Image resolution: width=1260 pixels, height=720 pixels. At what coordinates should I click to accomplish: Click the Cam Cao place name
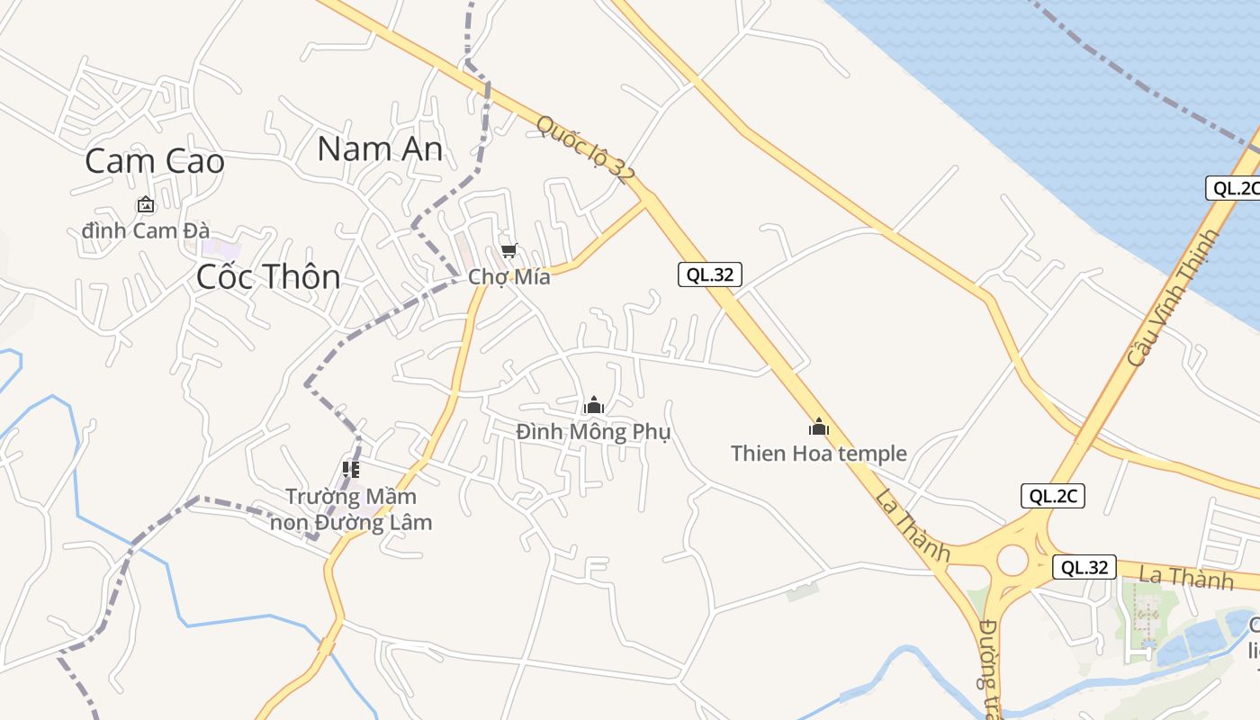click(154, 161)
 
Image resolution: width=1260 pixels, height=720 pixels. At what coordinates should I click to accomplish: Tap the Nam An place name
click(380, 148)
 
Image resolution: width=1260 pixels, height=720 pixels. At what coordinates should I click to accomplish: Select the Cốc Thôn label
click(268, 276)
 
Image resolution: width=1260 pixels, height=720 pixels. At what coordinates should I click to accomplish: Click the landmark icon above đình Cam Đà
click(146, 205)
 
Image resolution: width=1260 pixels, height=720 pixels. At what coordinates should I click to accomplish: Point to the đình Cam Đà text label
click(146, 230)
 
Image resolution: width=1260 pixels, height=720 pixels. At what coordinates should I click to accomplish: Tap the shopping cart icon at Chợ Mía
click(509, 251)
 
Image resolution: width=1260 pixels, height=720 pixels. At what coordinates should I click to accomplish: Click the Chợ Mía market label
click(509, 277)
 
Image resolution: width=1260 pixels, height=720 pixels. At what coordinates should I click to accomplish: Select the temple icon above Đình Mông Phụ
click(594, 406)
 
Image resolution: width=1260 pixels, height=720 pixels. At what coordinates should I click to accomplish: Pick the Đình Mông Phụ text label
click(594, 432)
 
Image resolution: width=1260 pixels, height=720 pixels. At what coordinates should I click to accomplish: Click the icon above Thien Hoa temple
click(819, 427)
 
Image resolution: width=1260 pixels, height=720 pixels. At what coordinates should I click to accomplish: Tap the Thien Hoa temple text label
click(819, 453)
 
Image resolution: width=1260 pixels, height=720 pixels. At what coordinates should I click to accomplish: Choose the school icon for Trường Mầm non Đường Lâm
click(351, 469)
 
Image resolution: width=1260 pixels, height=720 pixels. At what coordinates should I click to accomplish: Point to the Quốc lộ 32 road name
click(581, 149)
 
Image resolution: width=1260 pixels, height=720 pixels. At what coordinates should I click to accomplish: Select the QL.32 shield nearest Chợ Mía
click(710, 275)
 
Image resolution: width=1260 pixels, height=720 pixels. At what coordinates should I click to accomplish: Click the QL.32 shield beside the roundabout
click(1084, 567)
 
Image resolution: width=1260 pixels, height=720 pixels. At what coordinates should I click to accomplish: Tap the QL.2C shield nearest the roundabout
click(1053, 496)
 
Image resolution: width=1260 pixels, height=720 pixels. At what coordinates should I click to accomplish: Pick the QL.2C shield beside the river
click(1232, 188)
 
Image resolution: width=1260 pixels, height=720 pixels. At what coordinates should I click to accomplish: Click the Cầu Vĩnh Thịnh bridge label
click(1173, 297)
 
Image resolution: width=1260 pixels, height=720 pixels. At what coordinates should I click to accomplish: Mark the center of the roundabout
click(1012, 560)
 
